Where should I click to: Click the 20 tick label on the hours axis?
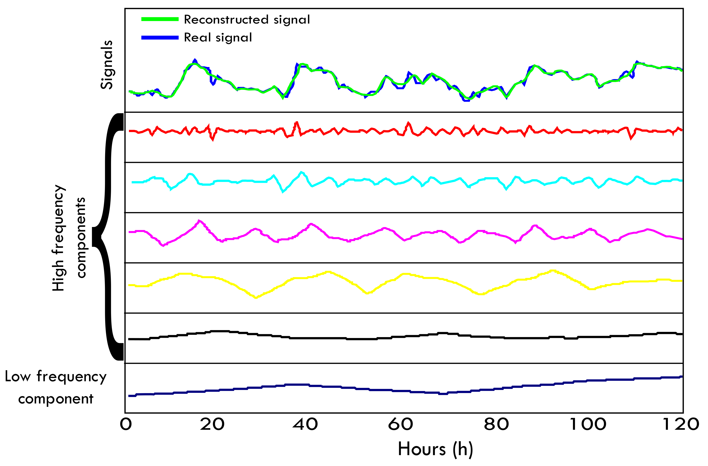(212, 424)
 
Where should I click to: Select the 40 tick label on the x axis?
(305, 424)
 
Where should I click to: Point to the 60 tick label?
(400, 424)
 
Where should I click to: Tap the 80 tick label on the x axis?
(496, 424)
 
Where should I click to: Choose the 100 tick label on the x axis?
(588, 424)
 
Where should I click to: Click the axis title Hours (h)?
(435, 449)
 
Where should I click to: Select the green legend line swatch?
(160, 19)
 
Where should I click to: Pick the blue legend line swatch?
(160, 37)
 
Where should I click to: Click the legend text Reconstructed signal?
(247, 20)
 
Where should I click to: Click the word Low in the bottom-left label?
(18, 377)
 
